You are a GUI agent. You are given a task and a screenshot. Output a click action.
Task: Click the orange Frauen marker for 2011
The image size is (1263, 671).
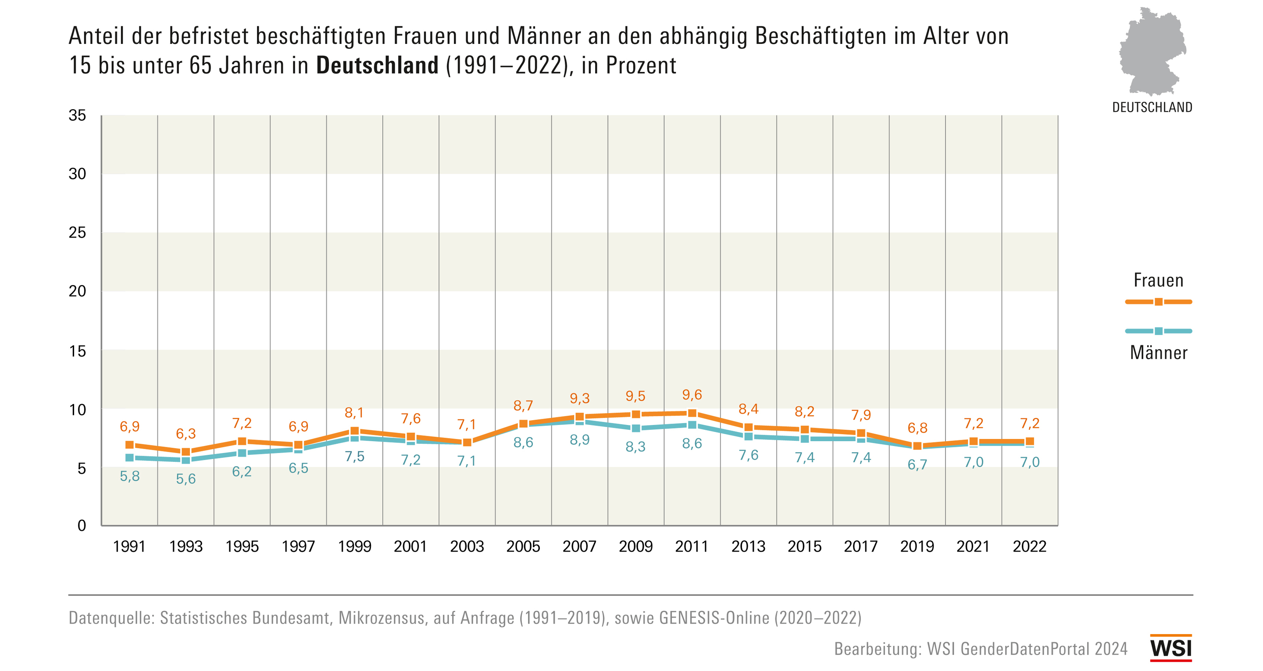click(x=692, y=414)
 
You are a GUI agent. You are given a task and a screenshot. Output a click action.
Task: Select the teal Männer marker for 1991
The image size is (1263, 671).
click(x=129, y=457)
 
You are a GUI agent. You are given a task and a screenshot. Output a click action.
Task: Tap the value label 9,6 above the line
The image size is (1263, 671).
click(x=692, y=395)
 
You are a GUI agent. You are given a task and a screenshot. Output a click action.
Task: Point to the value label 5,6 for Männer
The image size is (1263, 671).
click(x=186, y=479)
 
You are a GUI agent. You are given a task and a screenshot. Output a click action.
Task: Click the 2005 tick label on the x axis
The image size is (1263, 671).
click(x=523, y=546)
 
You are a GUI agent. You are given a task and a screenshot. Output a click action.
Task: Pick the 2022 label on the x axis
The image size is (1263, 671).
click(x=1030, y=546)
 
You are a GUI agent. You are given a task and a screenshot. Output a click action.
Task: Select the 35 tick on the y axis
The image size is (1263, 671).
click(x=78, y=116)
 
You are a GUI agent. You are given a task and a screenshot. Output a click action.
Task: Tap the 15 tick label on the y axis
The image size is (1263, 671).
click(x=78, y=351)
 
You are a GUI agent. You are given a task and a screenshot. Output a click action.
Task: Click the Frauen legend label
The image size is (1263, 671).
click(x=1159, y=281)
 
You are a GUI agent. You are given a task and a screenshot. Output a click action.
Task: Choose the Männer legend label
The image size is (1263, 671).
click(x=1159, y=353)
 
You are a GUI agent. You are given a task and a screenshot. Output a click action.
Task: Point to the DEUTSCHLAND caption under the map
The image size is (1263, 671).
click(x=1152, y=107)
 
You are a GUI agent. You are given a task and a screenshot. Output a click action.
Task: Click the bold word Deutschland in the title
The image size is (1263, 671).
click(x=377, y=66)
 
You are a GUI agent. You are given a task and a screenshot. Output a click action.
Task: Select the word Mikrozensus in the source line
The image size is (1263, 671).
click(x=382, y=618)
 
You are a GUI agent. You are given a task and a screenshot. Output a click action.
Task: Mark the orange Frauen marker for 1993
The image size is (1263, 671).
click(x=186, y=452)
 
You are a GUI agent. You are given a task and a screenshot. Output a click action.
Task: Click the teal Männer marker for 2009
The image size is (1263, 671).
click(x=636, y=428)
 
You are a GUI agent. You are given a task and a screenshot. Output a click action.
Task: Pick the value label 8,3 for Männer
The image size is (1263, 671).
click(x=636, y=447)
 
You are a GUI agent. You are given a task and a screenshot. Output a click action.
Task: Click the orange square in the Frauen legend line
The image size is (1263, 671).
click(x=1159, y=302)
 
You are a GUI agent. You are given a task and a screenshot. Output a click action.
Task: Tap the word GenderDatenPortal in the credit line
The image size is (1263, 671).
click(x=1025, y=649)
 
